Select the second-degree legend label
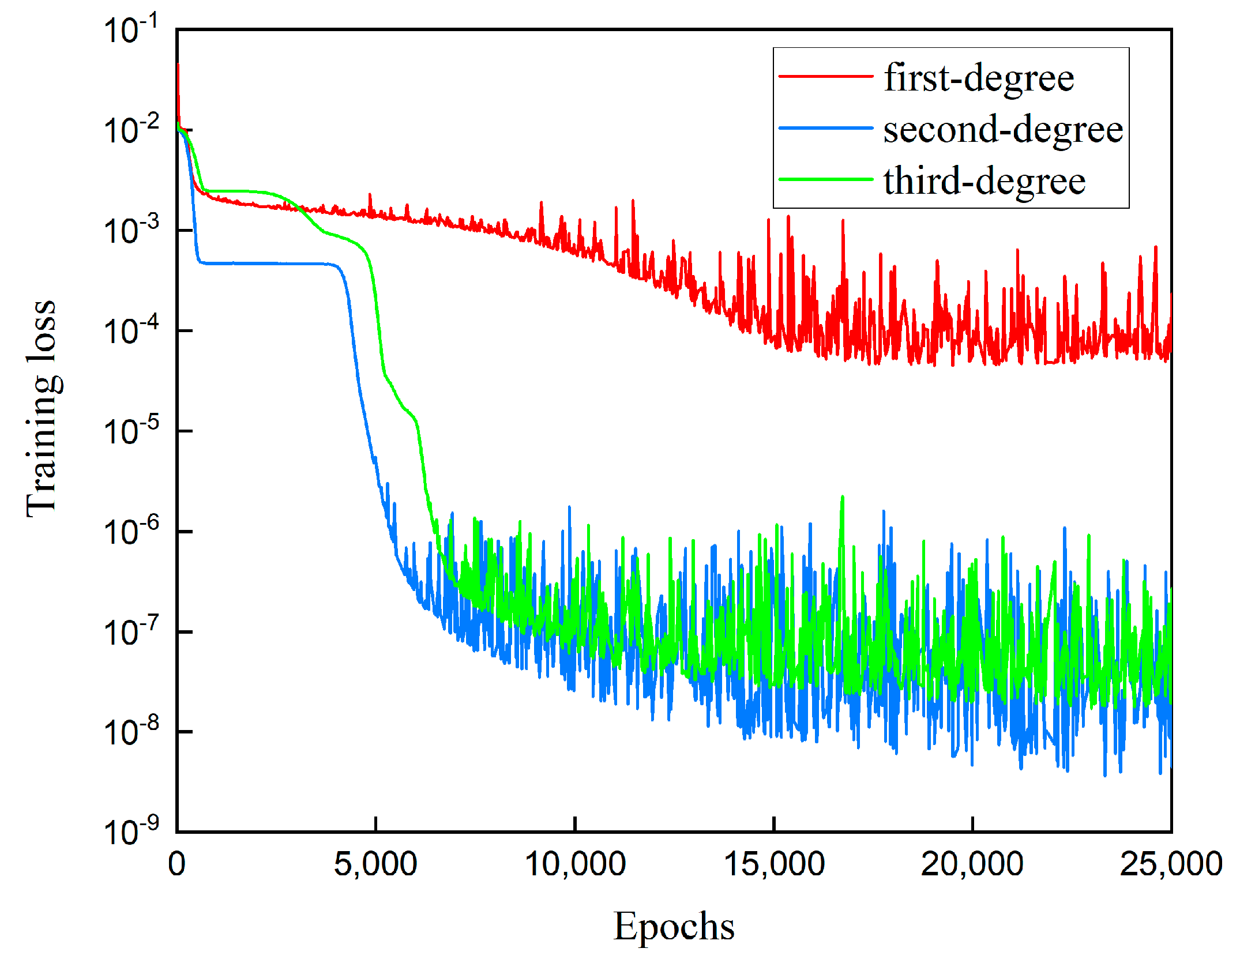(x=1003, y=129)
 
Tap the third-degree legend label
(x=984, y=180)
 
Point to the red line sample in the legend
(x=825, y=76)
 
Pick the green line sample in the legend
(x=825, y=179)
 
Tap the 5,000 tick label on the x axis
(x=375, y=864)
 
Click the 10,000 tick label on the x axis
(x=575, y=864)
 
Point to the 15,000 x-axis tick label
(x=774, y=864)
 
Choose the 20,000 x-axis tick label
(x=972, y=864)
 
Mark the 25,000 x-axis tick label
(x=1171, y=864)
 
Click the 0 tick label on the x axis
(x=177, y=864)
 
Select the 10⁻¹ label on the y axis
(x=131, y=30)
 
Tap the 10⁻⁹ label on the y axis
(x=131, y=831)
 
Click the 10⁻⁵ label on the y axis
(x=131, y=431)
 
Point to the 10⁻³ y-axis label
(x=131, y=230)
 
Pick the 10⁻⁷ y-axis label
(x=131, y=631)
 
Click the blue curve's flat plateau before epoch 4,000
(x=265, y=264)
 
